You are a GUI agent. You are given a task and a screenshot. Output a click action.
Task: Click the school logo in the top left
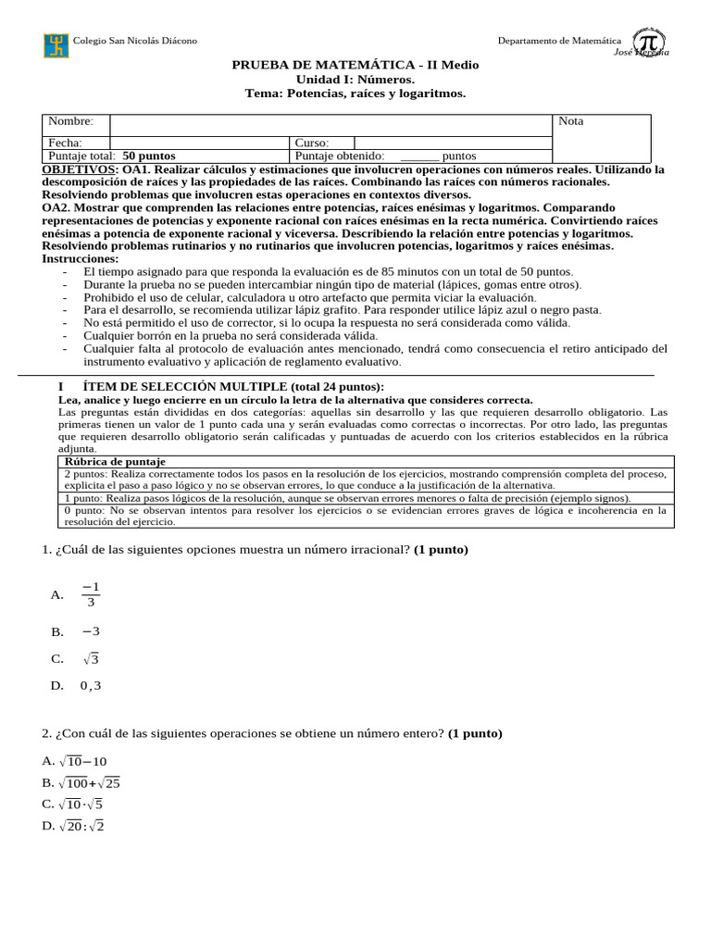(x=56, y=45)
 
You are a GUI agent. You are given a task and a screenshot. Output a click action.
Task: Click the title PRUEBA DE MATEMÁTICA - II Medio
(x=355, y=66)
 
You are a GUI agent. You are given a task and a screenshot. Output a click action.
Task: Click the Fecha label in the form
(x=65, y=143)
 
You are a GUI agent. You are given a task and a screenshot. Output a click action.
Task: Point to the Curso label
(x=312, y=143)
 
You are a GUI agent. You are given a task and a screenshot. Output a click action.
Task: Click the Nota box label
(x=571, y=121)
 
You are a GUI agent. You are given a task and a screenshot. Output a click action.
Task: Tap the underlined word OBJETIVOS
(x=80, y=170)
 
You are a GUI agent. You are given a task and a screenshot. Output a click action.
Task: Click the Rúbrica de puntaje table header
(x=114, y=461)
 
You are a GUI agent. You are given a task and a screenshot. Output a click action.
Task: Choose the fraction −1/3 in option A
(x=90, y=594)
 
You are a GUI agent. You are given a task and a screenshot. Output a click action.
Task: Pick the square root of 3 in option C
(x=90, y=659)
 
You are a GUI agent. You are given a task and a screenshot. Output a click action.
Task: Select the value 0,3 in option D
(x=91, y=686)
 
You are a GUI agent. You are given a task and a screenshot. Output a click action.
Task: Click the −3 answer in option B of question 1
(x=90, y=631)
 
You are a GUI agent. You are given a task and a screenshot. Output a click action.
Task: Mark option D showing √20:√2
(x=81, y=826)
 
